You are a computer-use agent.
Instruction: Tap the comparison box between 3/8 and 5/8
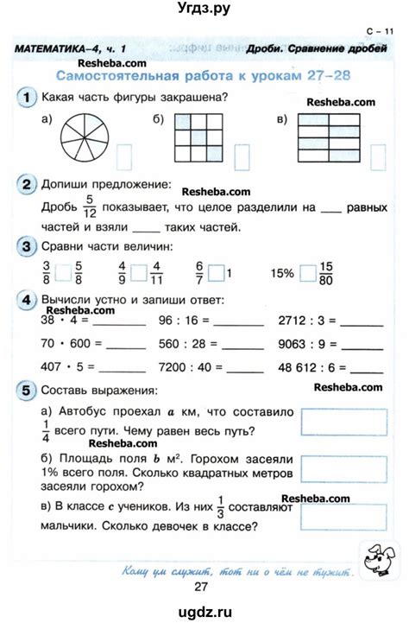click(x=62, y=273)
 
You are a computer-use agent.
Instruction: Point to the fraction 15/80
click(x=325, y=273)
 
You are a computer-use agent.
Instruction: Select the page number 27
click(x=203, y=588)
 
